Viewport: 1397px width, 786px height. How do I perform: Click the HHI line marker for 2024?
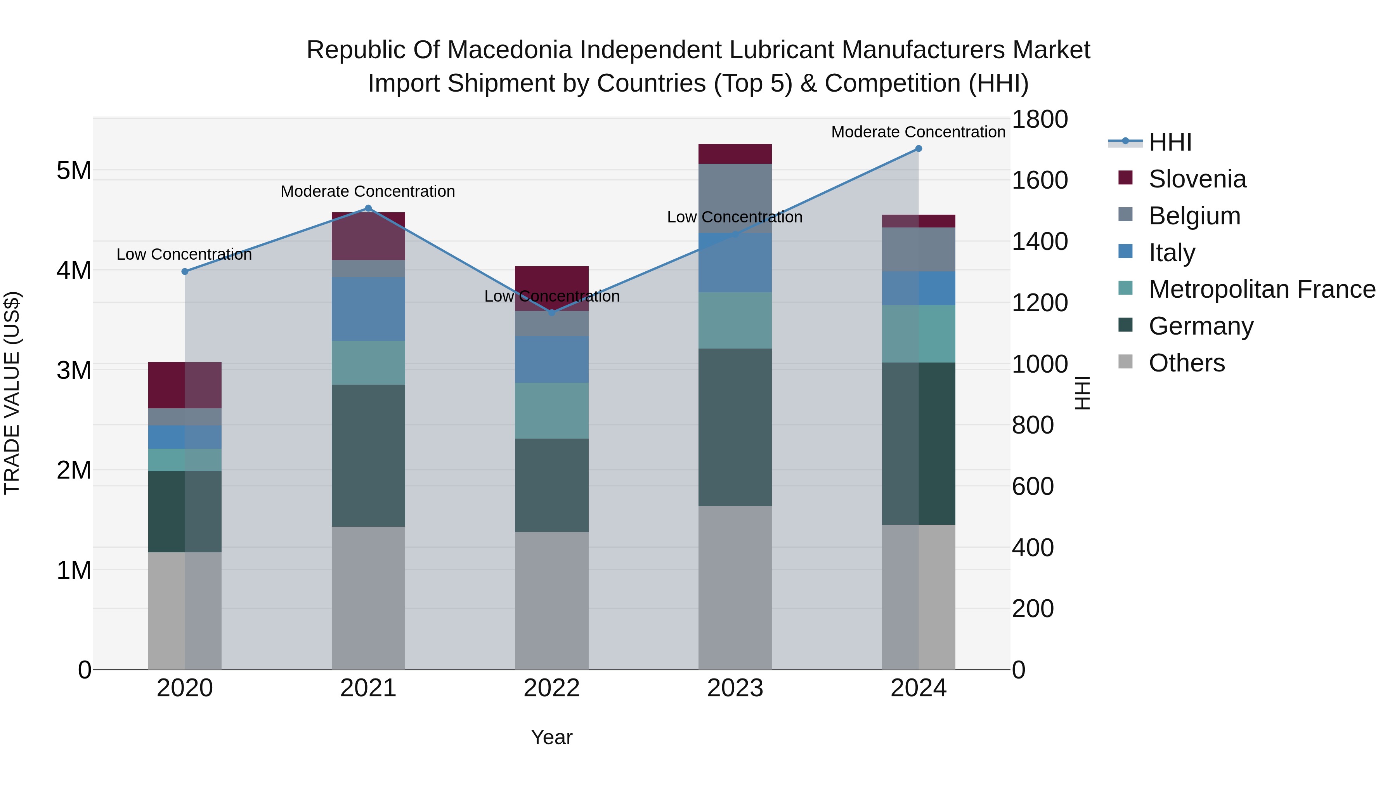(918, 149)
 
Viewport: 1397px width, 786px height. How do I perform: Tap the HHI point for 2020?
(185, 271)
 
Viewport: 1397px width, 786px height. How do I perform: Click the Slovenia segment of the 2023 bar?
(735, 154)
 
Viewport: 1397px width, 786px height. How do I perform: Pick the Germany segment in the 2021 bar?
(368, 456)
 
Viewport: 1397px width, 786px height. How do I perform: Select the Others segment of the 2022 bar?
(551, 600)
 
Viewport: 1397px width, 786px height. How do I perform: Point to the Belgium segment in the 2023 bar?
(735, 198)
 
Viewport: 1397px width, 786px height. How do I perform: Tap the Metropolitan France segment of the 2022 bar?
(551, 411)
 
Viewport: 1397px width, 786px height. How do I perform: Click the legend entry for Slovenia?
(1197, 179)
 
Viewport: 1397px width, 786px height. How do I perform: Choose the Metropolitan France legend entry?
(1262, 289)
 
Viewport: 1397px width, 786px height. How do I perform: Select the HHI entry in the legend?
(1170, 142)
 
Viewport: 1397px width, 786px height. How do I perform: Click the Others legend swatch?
(1126, 362)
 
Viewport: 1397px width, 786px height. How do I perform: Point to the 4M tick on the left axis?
(74, 270)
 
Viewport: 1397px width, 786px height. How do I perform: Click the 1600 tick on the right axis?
(1040, 180)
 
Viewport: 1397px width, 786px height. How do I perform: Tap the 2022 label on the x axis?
(551, 688)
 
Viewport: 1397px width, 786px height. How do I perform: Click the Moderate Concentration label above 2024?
(918, 132)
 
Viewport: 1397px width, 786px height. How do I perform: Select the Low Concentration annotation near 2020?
(184, 254)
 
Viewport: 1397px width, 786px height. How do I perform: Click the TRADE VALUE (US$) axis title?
(12, 393)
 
